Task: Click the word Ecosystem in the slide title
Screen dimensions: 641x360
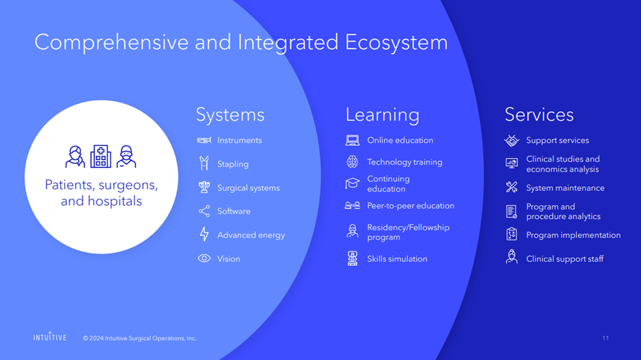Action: (396, 43)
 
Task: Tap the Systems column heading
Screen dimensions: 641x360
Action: (230, 115)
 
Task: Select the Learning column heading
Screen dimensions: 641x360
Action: (383, 115)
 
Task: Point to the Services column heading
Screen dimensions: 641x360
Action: (539, 115)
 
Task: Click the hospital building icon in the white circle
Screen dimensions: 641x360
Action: (100, 156)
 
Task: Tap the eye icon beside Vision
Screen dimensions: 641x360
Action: (204, 258)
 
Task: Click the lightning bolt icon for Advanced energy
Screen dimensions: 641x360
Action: (204, 234)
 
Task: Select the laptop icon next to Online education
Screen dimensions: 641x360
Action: (353, 140)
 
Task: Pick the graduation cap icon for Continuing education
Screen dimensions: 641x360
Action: (353, 183)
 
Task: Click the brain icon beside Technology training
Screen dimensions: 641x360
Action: (353, 162)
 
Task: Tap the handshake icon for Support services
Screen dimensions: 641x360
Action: (511, 140)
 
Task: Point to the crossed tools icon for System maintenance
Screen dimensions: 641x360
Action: (511, 187)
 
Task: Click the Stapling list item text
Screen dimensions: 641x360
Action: (233, 164)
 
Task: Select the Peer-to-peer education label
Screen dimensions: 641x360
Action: (411, 205)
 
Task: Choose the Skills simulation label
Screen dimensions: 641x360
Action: (397, 258)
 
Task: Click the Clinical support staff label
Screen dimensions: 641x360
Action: (565, 258)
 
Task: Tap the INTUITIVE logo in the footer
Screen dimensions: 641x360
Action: (50, 337)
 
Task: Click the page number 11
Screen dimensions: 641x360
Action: (606, 338)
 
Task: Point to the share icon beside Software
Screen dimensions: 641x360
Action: (204, 211)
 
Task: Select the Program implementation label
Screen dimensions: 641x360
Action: (573, 235)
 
